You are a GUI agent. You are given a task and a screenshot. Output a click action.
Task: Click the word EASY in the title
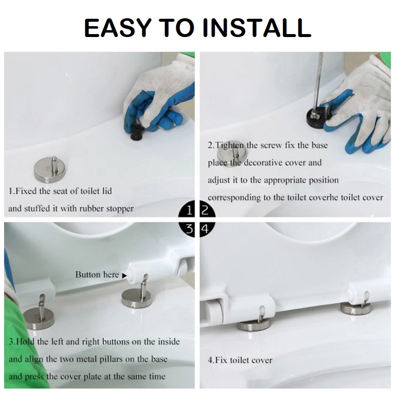(x=118, y=28)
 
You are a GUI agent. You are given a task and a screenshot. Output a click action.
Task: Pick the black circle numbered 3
(x=187, y=229)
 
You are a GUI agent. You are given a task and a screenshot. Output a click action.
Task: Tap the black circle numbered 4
(x=207, y=229)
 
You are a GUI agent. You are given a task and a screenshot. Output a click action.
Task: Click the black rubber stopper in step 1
(x=137, y=131)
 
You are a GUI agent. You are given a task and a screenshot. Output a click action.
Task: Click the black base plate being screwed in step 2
(x=317, y=117)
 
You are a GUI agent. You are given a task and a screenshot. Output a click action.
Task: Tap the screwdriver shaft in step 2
(x=319, y=80)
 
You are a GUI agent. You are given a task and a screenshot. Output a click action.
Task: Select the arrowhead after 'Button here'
(x=124, y=276)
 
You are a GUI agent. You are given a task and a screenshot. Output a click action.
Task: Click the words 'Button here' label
(x=97, y=275)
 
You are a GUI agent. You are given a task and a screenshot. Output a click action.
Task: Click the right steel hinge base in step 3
(x=136, y=297)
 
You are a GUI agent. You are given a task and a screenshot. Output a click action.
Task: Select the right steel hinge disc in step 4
(x=355, y=308)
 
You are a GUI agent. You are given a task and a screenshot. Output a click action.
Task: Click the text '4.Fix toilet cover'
(x=240, y=360)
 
